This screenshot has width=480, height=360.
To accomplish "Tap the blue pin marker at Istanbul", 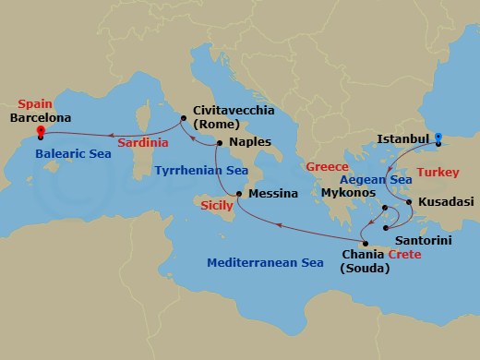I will [438, 138].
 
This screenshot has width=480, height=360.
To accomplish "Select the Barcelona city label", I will [40, 118].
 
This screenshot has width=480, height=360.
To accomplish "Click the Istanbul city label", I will [403, 140].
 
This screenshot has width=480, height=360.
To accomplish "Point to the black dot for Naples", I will [219, 143].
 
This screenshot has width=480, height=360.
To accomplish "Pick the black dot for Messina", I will [238, 194].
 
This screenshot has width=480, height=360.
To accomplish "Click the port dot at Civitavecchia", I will [184, 117].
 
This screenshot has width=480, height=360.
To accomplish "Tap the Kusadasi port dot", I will [409, 199].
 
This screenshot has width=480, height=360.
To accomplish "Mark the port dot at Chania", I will [366, 244].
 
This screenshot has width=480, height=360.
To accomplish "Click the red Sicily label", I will [217, 206].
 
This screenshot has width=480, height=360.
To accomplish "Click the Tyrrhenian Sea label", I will [199, 171].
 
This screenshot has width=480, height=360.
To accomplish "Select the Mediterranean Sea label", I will [265, 263].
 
